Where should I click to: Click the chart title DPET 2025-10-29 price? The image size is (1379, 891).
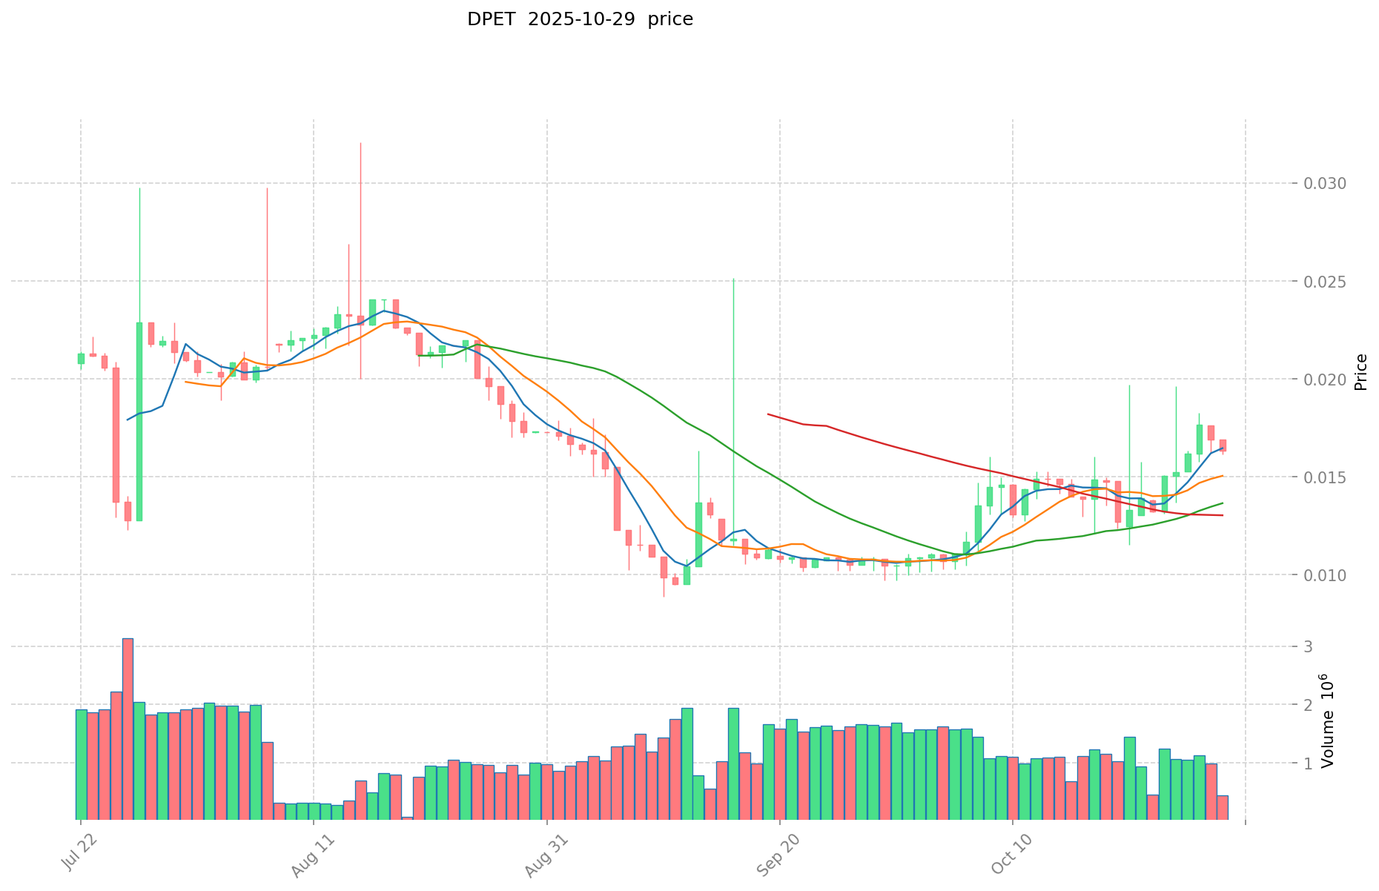580,20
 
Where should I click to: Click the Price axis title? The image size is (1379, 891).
1360,372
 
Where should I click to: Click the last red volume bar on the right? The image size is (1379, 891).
1223,807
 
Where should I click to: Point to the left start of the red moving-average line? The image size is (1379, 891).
768,414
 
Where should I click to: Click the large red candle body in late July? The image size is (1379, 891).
116,434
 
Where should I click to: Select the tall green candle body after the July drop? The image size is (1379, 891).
139,421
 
